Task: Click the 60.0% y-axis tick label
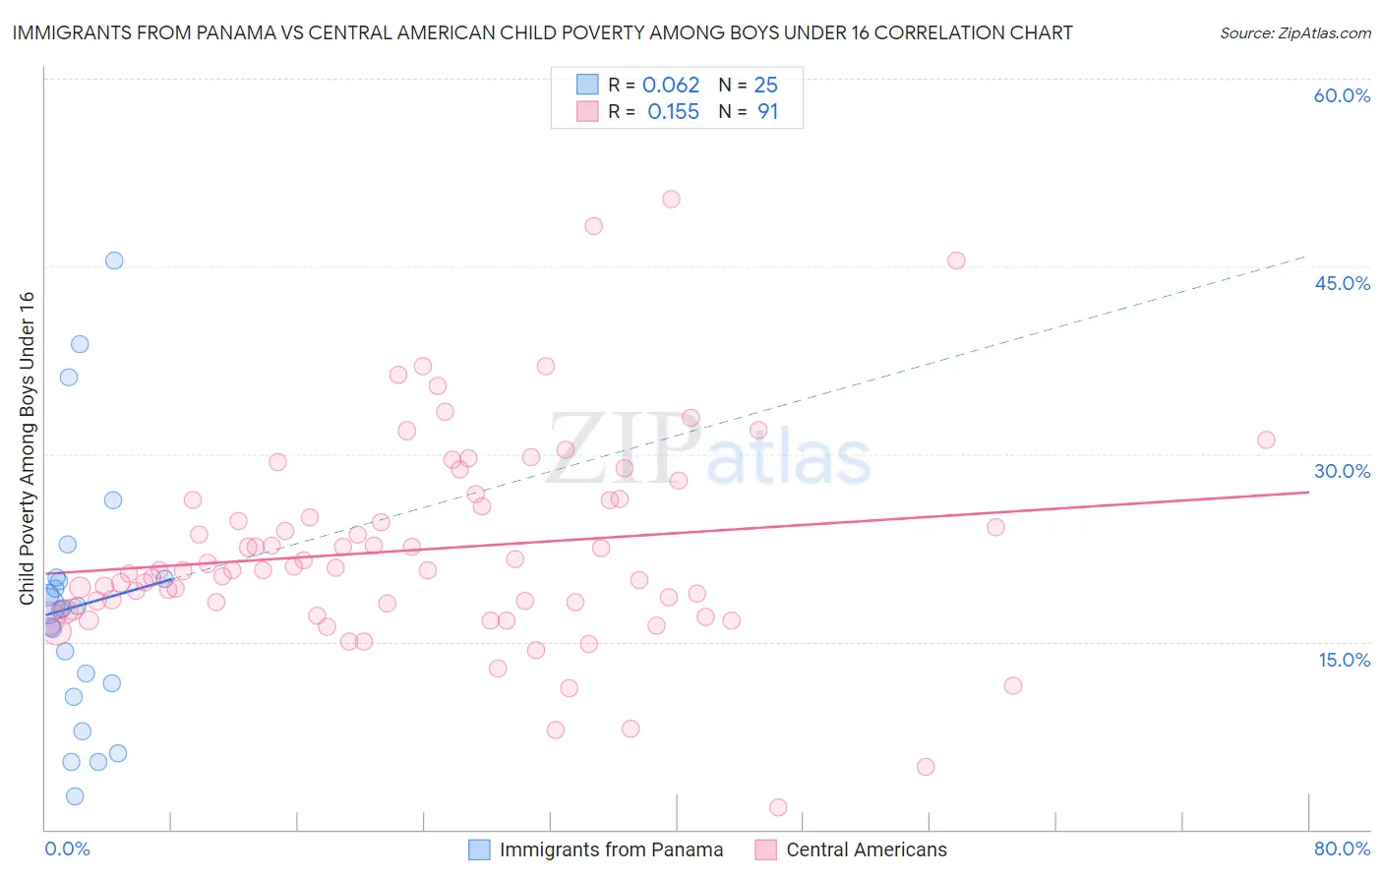pos(1342,95)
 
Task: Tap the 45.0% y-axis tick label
pos(1342,283)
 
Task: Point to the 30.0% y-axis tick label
pos(1342,471)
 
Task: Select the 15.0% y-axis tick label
pos(1344,660)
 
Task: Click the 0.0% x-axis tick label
pos(67,848)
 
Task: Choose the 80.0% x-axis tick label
pos(1342,848)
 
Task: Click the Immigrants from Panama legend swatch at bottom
pos(479,849)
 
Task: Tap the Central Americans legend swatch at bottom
pos(765,849)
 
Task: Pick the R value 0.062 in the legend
pos(671,86)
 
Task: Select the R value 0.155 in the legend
pos(673,112)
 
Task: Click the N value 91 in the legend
pos(767,112)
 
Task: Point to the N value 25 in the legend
pos(765,86)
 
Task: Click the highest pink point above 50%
pos(671,199)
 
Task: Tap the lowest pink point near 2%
pos(778,807)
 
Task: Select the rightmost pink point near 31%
pos(1266,439)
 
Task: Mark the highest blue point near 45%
pos(114,261)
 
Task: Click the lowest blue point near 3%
pos(75,796)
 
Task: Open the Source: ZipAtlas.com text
pos(1294,33)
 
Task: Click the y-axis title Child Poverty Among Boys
pos(28,448)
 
